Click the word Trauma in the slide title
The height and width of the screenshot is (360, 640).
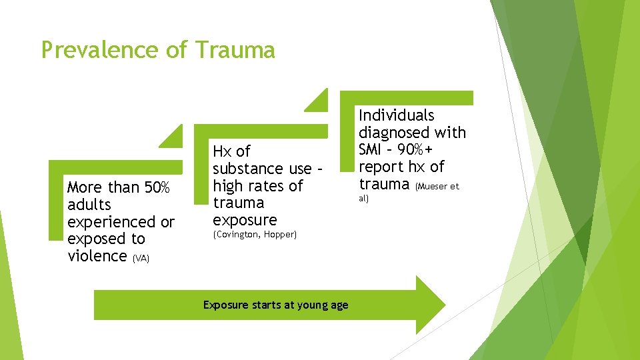(236, 50)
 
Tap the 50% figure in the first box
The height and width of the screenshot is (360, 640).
(157, 187)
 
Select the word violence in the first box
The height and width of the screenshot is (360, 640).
(97, 256)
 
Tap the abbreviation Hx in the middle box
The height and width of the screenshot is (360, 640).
(223, 151)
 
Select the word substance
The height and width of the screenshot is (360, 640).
(248, 169)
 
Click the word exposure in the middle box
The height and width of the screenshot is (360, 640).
(245, 220)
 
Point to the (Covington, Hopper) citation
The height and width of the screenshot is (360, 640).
(255, 235)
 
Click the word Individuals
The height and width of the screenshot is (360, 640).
(397, 115)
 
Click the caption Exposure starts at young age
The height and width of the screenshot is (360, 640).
(275, 305)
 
